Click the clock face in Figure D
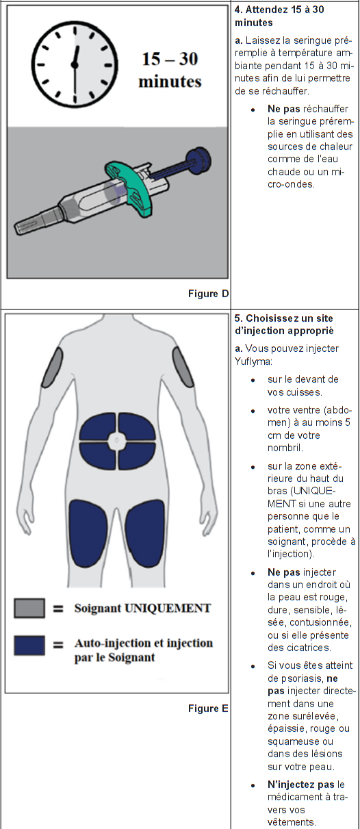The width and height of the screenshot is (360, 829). pyautogui.click(x=75, y=64)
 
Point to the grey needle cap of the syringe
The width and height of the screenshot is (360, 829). pyautogui.click(x=36, y=221)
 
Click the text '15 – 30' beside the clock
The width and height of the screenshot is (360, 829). pyautogui.click(x=170, y=59)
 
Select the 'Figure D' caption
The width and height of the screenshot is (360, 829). pyautogui.click(x=208, y=294)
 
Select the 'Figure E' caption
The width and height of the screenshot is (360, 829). pyautogui.click(x=208, y=709)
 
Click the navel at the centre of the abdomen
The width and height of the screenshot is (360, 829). pyautogui.click(x=117, y=440)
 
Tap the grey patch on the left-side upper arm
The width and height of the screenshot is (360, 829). pyautogui.click(x=52, y=368)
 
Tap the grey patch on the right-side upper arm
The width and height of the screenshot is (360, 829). pyautogui.click(x=183, y=367)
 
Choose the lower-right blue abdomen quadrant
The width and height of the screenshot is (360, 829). pyautogui.click(x=136, y=456)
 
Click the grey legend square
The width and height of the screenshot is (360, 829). pyautogui.click(x=29, y=608)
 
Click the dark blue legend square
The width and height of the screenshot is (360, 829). pyautogui.click(x=29, y=646)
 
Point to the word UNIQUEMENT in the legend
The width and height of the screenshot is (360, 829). pyautogui.click(x=168, y=608)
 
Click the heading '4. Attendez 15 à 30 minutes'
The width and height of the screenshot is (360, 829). pyautogui.click(x=279, y=16)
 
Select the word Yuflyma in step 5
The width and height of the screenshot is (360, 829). pyautogui.click(x=253, y=361)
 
